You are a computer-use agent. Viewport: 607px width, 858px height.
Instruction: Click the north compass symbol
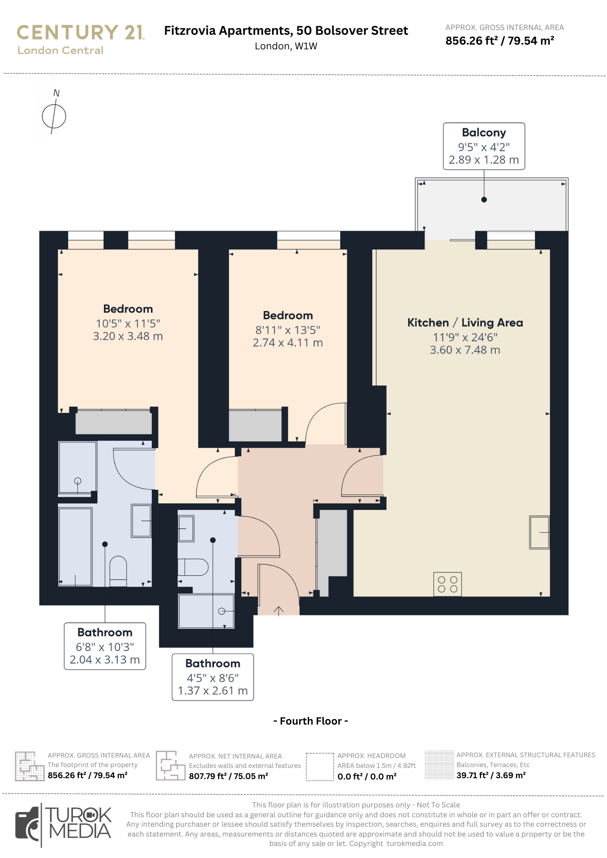tap(54, 116)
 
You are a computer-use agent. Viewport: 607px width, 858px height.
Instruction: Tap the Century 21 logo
tap(81, 39)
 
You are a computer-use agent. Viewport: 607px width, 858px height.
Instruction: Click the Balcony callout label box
tap(484, 146)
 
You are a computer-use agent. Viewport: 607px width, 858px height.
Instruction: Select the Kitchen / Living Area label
tap(465, 323)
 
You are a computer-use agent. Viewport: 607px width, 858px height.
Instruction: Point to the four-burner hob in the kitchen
tap(447, 584)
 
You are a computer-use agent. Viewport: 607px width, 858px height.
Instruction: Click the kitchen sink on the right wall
tap(540, 532)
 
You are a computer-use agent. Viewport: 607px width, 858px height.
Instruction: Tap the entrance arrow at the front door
tap(279, 611)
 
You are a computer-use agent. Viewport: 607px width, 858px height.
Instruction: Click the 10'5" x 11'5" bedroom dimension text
tap(128, 323)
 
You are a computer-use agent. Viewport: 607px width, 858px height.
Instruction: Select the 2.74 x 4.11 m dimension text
tap(288, 343)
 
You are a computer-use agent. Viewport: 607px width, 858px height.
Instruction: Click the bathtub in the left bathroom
tap(75, 547)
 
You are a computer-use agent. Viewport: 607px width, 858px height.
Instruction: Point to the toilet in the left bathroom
tap(118, 571)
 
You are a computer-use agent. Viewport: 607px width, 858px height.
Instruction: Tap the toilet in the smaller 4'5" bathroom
tap(193, 567)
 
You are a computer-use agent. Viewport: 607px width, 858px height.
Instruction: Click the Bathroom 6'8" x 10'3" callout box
tap(105, 646)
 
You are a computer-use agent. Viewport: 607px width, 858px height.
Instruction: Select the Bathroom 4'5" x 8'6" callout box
tap(212, 677)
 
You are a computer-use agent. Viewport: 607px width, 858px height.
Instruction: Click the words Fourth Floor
tap(310, 721)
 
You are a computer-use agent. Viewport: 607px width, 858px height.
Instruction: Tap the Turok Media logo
tap(64, 825)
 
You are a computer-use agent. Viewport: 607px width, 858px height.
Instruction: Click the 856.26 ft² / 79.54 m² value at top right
tap(500, 41)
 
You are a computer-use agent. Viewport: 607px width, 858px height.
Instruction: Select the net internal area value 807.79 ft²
tap(228, 776)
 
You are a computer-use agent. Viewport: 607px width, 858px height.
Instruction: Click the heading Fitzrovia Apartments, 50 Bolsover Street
tap(286, 31)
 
